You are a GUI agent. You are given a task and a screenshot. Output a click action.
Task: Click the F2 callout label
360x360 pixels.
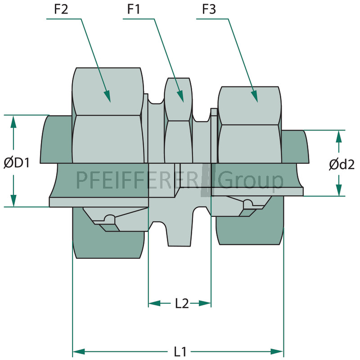(x=61, y=9)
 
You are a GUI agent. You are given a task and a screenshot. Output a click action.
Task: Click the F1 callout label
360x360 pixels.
(x=133, y=9)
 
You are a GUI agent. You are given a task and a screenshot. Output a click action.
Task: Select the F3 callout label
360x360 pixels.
(x=209, y=9)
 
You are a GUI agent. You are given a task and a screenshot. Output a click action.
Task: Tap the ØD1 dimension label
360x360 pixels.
(x=17, y=163)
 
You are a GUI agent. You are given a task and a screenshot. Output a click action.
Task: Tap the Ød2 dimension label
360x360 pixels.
(x=342, y=165)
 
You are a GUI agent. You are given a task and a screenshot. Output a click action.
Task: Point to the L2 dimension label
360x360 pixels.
(x=182, y=303)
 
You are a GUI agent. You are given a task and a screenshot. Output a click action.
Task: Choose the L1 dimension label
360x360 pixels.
(x=180, y=352)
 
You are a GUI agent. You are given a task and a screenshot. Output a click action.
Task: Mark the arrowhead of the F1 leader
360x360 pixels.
(x=180, y=96)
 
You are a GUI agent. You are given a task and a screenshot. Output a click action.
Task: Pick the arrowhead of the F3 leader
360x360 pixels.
(x=254, y=96)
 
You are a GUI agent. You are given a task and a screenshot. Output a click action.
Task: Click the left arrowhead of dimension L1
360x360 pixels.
(x=79, y=351)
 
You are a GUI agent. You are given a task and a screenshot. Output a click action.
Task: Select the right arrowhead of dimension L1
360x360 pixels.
(x=277, y=351)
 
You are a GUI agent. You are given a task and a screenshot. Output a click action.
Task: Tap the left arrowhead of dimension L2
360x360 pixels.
(x=154, y=303)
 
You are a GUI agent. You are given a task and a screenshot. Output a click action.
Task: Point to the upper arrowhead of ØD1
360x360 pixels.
(x=13, y=121)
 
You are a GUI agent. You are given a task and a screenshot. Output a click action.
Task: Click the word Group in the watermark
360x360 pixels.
(x=250, y=181)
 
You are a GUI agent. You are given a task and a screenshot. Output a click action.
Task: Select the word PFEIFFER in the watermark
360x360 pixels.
(x=124, y=180)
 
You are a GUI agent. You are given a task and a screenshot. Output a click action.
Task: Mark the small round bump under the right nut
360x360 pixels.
(x=248, y=203)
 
